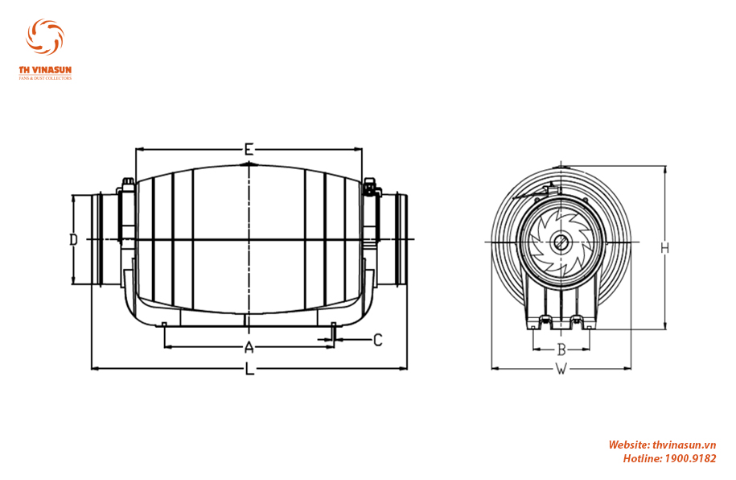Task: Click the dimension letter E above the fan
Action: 249,150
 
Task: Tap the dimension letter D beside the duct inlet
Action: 73,240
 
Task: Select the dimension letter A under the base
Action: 249,347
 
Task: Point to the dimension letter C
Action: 378,339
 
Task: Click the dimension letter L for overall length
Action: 249,368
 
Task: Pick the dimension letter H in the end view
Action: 664,248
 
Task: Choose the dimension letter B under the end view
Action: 561,350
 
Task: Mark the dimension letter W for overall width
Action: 561,369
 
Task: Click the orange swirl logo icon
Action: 45,37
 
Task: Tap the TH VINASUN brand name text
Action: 45,70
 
